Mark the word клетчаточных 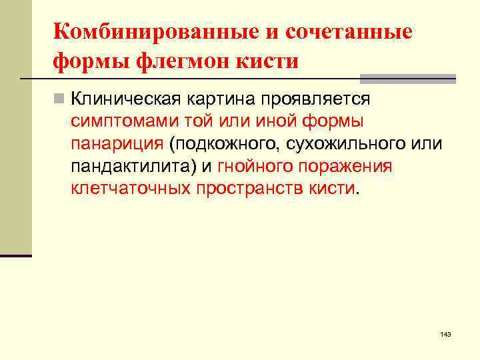coord(131,189)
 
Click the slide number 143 coord(445,334)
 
